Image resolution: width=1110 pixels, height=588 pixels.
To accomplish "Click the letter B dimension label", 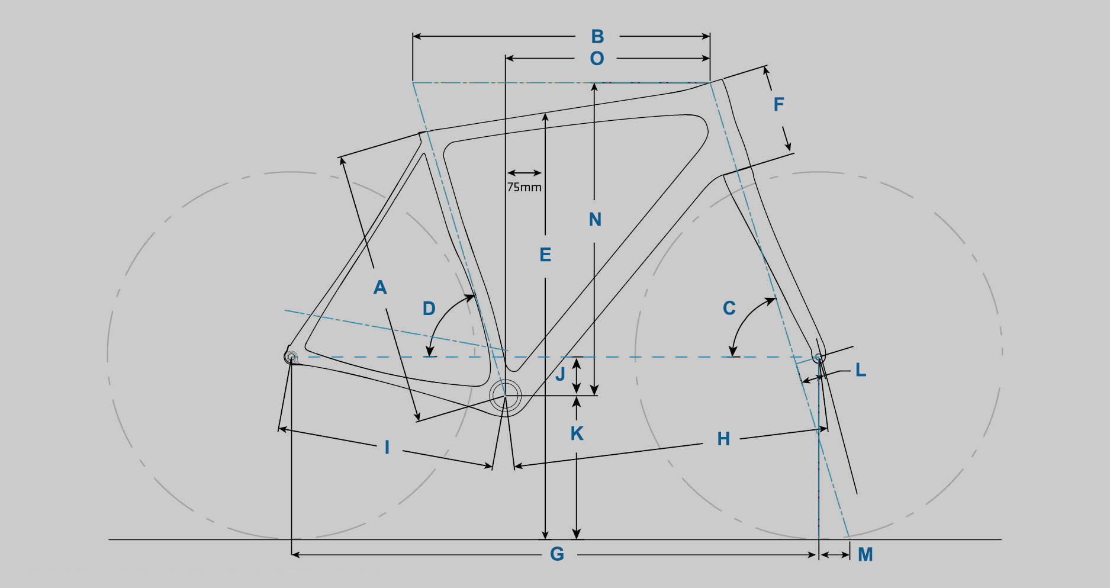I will tap(597, 37).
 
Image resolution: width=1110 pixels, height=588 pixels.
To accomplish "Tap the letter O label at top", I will tap(597, 59).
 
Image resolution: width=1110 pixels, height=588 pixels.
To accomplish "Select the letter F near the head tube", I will tap(778, 105).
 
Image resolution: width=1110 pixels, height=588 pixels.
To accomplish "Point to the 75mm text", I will tap(524, 187).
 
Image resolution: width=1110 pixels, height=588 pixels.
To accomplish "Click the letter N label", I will tap(595, 220).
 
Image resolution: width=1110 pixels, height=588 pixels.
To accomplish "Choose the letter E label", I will tap(545, 255).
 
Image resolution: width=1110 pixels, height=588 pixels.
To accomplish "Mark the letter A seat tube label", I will tap(380, 288).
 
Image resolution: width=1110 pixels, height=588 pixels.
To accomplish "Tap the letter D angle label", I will tap(429, 309).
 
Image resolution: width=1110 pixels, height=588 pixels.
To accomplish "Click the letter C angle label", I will tap(729, 308).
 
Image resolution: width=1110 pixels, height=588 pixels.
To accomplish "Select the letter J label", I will tap(560, 374).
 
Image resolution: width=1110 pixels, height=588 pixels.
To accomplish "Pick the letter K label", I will tap(577, 433).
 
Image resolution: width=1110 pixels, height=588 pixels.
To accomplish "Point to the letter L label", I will tap(860, 371).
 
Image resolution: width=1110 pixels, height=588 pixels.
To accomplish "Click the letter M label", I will tap(865, 555).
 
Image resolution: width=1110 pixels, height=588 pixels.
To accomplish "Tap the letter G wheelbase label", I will tap(557, 554).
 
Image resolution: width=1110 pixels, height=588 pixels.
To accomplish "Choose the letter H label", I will tap(723, 439).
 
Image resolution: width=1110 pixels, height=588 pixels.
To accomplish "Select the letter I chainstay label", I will tap(387, 448).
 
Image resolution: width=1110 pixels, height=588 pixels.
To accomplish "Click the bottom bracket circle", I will tap(505, 395).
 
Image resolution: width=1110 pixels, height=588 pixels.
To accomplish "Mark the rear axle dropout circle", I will tap(291, 357).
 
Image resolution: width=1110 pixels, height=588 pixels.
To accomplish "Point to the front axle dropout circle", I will tap(819, 357).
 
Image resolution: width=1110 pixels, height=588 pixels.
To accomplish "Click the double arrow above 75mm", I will tap(524, 173).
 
